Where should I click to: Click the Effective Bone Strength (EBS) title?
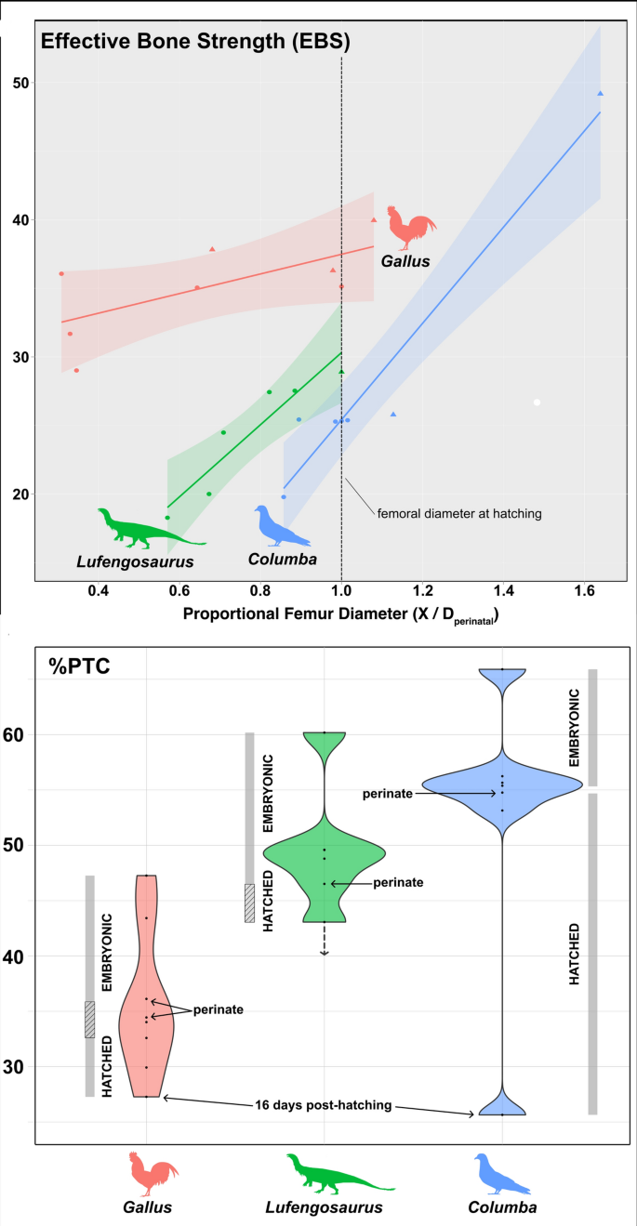[x=194, y=42]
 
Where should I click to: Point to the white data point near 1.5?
[x=537, y=402]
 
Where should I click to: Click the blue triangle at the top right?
[x=601, y=94]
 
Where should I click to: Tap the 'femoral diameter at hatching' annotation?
[x=459, y=511]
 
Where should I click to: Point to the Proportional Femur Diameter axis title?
[x=340, y=614]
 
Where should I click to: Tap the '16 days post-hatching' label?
[x=320, y=1105]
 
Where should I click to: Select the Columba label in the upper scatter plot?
[x=282, y=560]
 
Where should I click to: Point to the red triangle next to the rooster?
[x=374, y=220]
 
